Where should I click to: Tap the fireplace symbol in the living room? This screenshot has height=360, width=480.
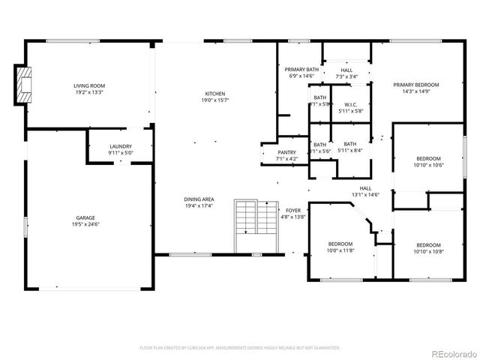(25, 84)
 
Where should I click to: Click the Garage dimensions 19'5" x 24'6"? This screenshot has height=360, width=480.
(85, 224)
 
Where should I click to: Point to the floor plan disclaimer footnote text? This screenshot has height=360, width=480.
(240, 347)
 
